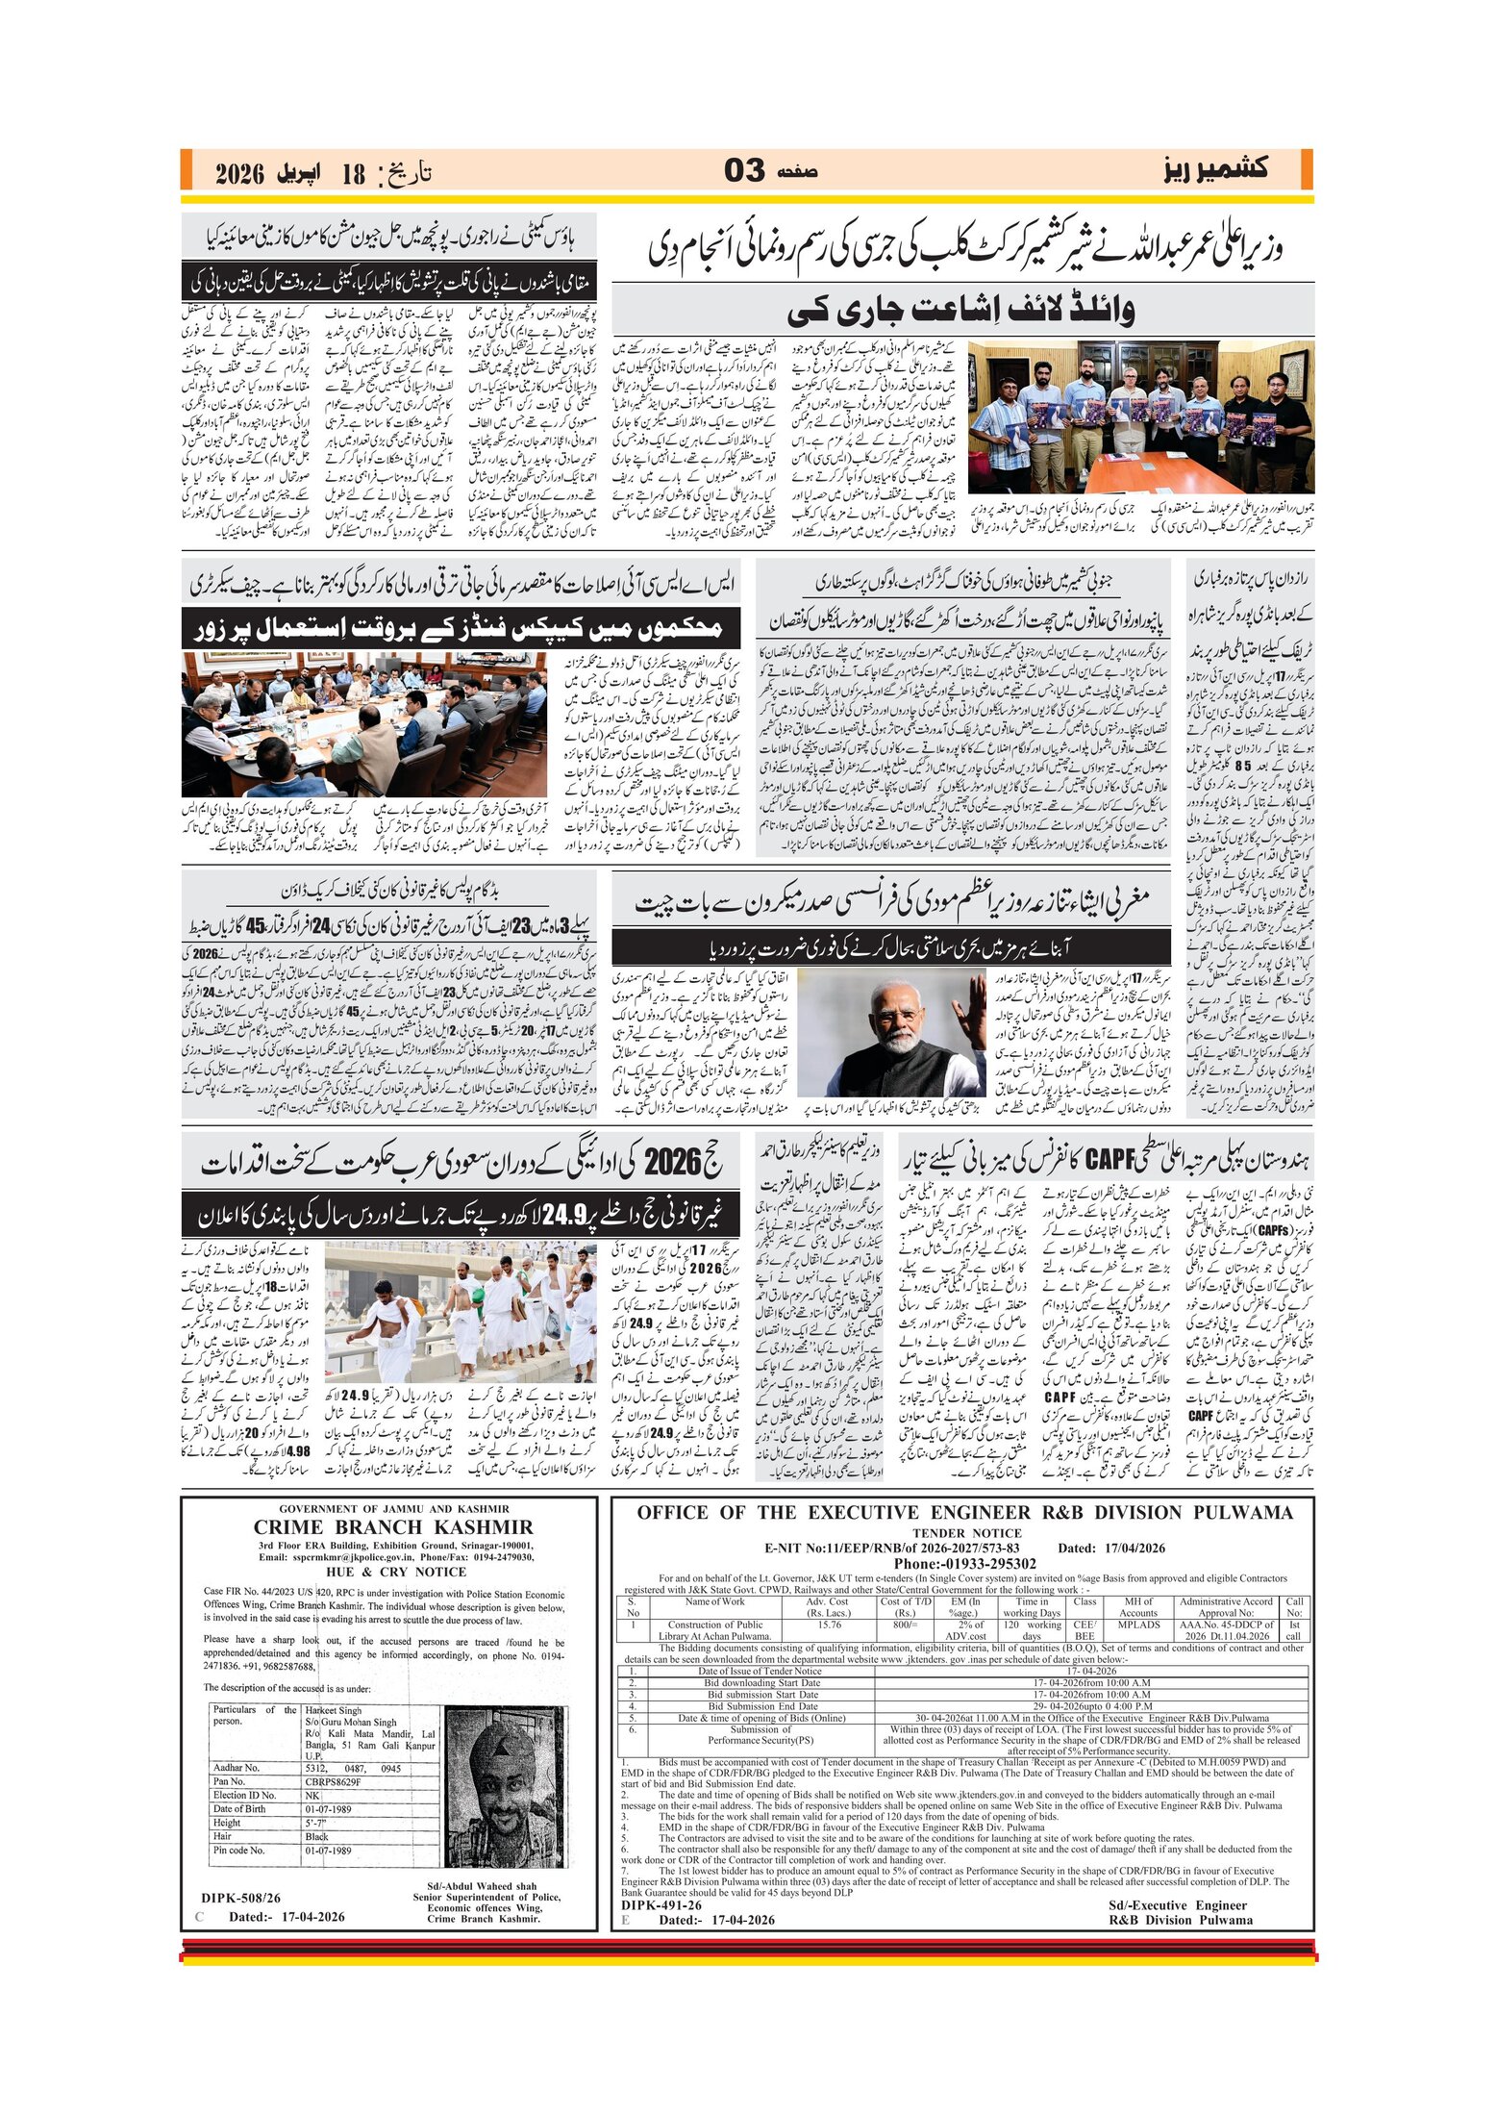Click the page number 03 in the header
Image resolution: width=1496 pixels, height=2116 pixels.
pyautogui.click(x=743, y=171)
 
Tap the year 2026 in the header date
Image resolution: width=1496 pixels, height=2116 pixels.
pyautogui.click(x=239, y=174)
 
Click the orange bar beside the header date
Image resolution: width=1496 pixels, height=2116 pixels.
pyautogui.click(x=186, y=170)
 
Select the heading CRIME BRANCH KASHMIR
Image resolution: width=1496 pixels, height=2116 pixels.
pyautogui.click(x=392, y=1527)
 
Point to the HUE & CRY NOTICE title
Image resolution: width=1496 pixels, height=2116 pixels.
pyautogui.click(x=395, y=1572)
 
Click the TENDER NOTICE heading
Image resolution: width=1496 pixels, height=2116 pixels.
pyautogui.click(x=966, y=1533)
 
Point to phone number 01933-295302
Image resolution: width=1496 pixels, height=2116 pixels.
pyautogui.click(x=964, y=1564)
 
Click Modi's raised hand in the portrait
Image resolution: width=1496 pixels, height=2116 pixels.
pyautogui.click(x=974, y=1006)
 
